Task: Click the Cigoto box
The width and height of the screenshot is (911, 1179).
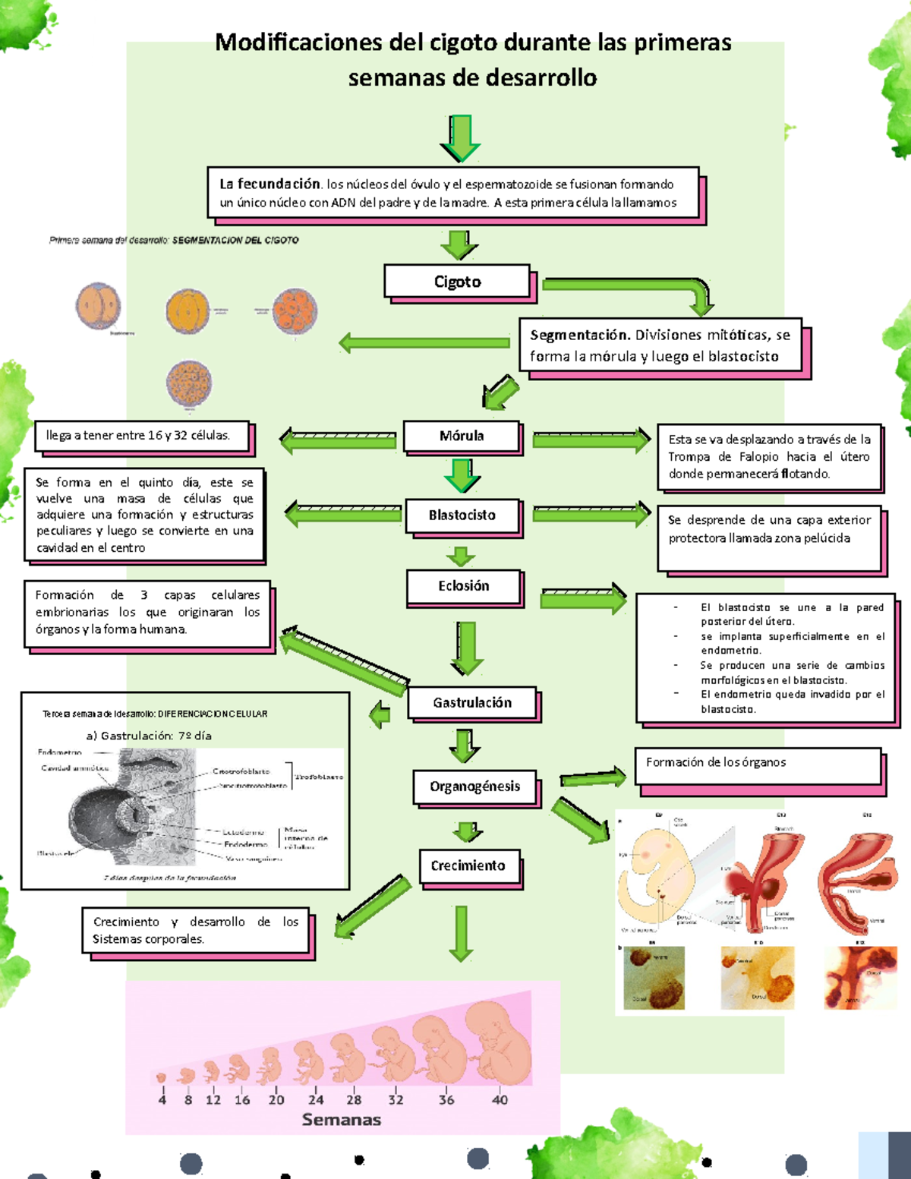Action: (457, 282)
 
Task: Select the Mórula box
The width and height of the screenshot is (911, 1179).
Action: (462, 436)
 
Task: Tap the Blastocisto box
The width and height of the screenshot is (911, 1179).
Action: (462, 515)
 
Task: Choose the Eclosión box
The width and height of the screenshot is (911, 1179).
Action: (463, 586)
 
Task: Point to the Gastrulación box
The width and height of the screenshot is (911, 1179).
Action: (472, 703)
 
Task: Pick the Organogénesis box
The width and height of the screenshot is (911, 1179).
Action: (474, 787)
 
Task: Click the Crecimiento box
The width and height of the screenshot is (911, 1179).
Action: (468, 866)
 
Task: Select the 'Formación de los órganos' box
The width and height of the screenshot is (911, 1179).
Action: (758, 765)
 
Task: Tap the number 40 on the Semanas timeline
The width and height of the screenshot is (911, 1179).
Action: (500, 1099)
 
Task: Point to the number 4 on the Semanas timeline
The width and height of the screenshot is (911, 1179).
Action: (162, 1099)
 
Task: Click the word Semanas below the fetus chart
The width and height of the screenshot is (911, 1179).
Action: (342, 1120)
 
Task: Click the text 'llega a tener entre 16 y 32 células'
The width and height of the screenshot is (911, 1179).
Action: (138, 436)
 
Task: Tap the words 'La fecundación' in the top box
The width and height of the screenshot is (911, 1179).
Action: (270, 184)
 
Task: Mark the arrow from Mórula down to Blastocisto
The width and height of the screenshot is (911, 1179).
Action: (462, 475)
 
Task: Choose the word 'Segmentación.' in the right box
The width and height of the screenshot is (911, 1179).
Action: (580, 335)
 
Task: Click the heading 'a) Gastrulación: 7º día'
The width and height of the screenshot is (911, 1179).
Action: (149, 736)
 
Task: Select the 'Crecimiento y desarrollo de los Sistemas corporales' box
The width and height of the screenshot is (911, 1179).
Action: (196, 930)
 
